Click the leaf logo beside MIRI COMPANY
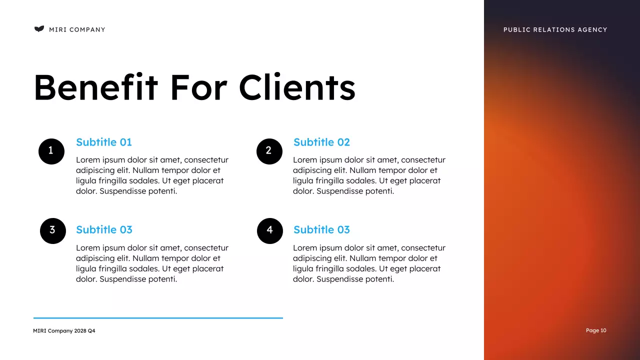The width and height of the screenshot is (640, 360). (x=39, y=29)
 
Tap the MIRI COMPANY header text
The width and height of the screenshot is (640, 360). (x=77, y=29)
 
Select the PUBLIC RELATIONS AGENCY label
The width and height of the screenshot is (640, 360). (x=555, y=29)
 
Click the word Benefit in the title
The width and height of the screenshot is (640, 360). (x=95, y=87)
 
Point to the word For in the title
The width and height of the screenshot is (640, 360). (x=198, y=87)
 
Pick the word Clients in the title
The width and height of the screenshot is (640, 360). (x=297, y=87)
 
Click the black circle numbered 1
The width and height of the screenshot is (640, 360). (x=51, y=151)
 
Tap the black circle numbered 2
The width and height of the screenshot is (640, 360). (x=269, y=151)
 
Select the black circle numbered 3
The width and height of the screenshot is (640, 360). (x=53, y=230)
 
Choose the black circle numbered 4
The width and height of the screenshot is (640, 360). (x=270, y=230)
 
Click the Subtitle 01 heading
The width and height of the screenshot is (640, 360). (x=104, y=142)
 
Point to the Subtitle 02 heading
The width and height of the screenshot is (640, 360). (x=321, y=142)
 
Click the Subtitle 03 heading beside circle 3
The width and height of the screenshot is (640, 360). (x=104, y=230)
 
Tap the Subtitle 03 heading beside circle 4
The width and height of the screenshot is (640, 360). (x=321, y=230)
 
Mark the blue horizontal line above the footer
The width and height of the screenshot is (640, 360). (x=158, y=317)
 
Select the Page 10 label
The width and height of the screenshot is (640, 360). (x=596, y=330)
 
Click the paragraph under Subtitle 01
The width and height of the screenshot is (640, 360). (x=152, y=175)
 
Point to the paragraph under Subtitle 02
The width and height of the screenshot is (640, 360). (x=369, y=175)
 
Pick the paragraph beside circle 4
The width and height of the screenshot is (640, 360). (x=369, y=263)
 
